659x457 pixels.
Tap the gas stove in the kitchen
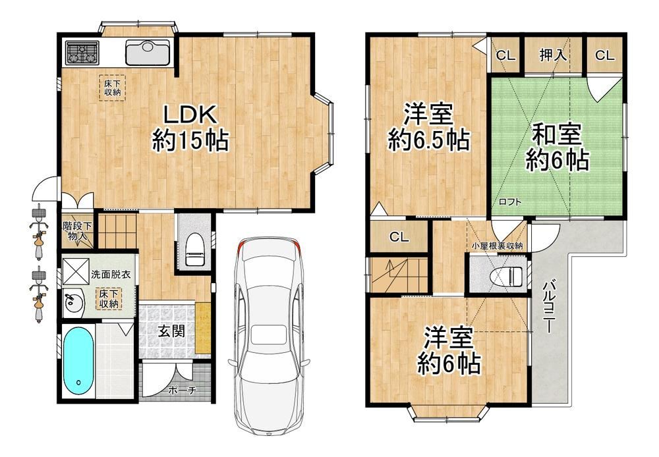pos(82,53)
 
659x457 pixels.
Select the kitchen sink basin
pos(148,53)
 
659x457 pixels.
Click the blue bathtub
pos(78,360)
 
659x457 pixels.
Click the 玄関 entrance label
pos(172,331)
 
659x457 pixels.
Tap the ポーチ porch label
pos(182,390)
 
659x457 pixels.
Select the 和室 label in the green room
pos(557,134)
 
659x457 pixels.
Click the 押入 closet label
pos(553,55)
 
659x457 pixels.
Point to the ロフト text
pos(510,202)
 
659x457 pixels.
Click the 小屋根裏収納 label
pos(497,246)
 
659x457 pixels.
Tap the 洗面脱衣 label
pos(111,275)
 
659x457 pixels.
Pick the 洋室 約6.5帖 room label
pos(428,127)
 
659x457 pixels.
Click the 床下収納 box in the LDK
pos(112,88)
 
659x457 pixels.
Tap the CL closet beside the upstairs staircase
pos(399,237)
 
